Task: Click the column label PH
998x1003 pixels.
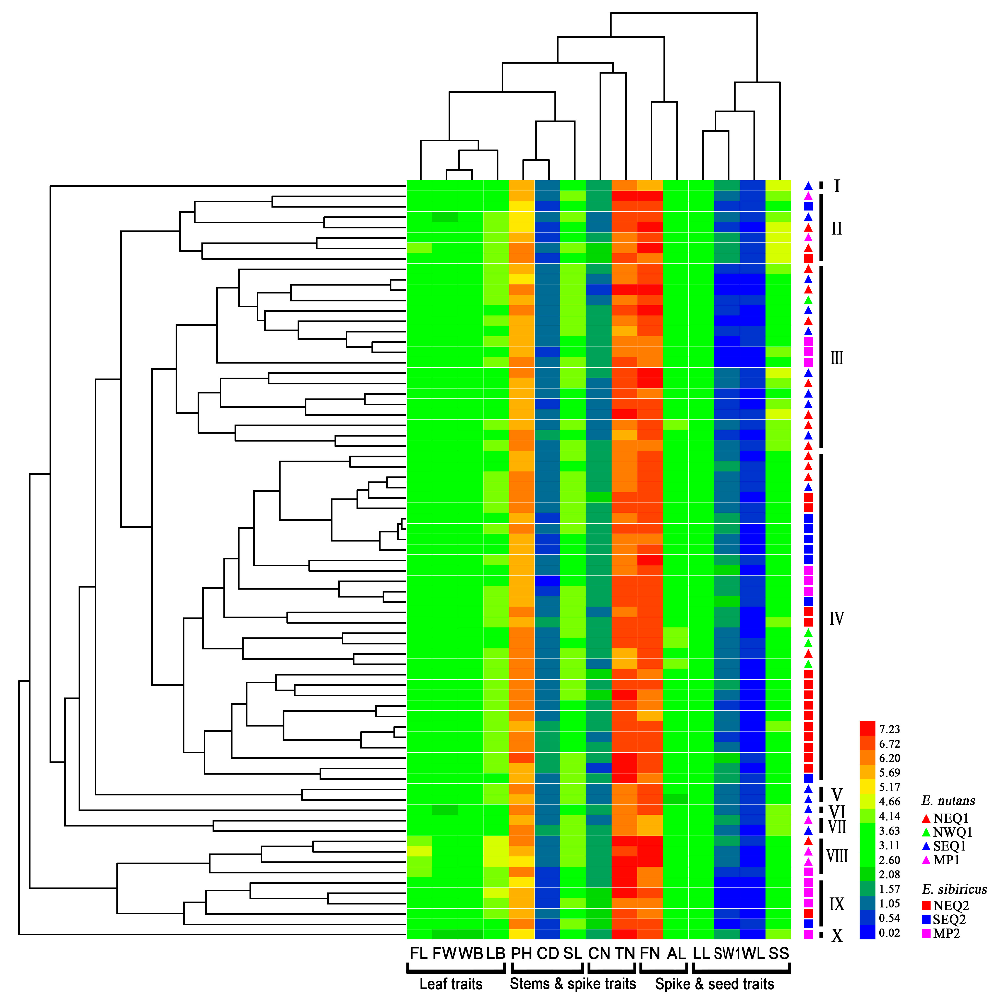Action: [521, 953]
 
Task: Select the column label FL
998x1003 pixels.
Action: [418, 953]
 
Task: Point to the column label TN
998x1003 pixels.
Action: [625, 953]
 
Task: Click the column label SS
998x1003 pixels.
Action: [778, 953]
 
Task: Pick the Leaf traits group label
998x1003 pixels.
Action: [451, 984]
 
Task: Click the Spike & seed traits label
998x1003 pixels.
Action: [714, 984]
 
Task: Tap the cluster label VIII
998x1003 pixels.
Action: [836, 856]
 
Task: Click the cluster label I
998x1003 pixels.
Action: [836, 186]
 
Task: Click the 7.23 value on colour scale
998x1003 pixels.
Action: [889, 729]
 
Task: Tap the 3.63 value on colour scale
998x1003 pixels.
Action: [889, 831]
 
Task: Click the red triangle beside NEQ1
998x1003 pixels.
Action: [926, 819]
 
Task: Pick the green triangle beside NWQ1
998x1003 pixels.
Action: [926, 832]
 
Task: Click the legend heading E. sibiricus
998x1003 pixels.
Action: [954, 889]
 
